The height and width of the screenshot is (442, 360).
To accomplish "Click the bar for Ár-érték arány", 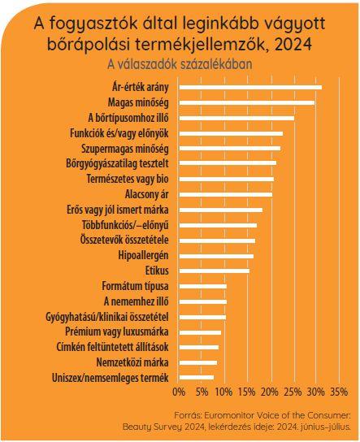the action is (250, 88).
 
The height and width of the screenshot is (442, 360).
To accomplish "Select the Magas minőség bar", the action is (247, 103).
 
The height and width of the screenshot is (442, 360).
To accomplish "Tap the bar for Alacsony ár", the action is (226, 194).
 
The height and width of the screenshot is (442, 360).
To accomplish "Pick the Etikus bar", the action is (215, 271).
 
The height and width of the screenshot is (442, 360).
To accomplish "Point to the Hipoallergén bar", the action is (216, 256).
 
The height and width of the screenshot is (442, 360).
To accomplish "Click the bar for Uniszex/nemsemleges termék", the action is (197, 378).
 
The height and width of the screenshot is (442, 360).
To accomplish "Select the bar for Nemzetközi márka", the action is (198, 362).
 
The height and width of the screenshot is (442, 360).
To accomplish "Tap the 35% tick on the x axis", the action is (339, 392).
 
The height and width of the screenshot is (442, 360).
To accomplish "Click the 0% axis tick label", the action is (179, 392).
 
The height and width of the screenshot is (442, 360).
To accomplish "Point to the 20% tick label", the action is (271, 392).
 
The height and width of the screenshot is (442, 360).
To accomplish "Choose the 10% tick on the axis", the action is (224, 392).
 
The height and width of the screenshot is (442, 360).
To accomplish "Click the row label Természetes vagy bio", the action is (128, 179).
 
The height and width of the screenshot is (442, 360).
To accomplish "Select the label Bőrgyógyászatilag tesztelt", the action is (117, 163).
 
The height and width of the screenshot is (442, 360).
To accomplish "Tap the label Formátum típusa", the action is (136, 286).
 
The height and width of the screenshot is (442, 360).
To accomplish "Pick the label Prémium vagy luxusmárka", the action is (117, 331).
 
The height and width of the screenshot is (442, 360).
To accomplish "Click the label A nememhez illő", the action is (137, 301).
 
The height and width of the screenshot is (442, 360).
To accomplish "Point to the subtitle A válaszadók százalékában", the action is (180, 64).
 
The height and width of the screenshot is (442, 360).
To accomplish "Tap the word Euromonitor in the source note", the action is (227, 415).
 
